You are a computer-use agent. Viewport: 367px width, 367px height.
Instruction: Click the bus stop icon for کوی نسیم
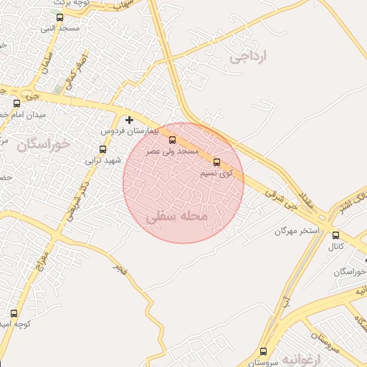[217, 162]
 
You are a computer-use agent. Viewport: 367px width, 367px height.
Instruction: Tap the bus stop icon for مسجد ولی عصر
[171, 140]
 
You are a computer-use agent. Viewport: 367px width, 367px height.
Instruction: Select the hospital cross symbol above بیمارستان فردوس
[129, 120]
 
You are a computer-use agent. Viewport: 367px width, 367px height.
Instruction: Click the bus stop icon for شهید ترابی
[103, 150]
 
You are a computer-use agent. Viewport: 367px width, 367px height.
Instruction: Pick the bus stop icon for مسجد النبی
[59, 18]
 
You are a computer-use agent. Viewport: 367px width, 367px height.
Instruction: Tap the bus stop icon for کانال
[335, 235]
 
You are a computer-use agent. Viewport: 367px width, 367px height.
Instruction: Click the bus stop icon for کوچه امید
[14, 313]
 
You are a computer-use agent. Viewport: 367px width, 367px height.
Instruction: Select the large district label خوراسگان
[44, 145]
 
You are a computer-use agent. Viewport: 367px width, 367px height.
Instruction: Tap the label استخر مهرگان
[295, 232]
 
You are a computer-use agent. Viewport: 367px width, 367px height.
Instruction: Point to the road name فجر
[120, 269]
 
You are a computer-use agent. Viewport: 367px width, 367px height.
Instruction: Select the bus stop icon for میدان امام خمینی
[16, 103]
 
